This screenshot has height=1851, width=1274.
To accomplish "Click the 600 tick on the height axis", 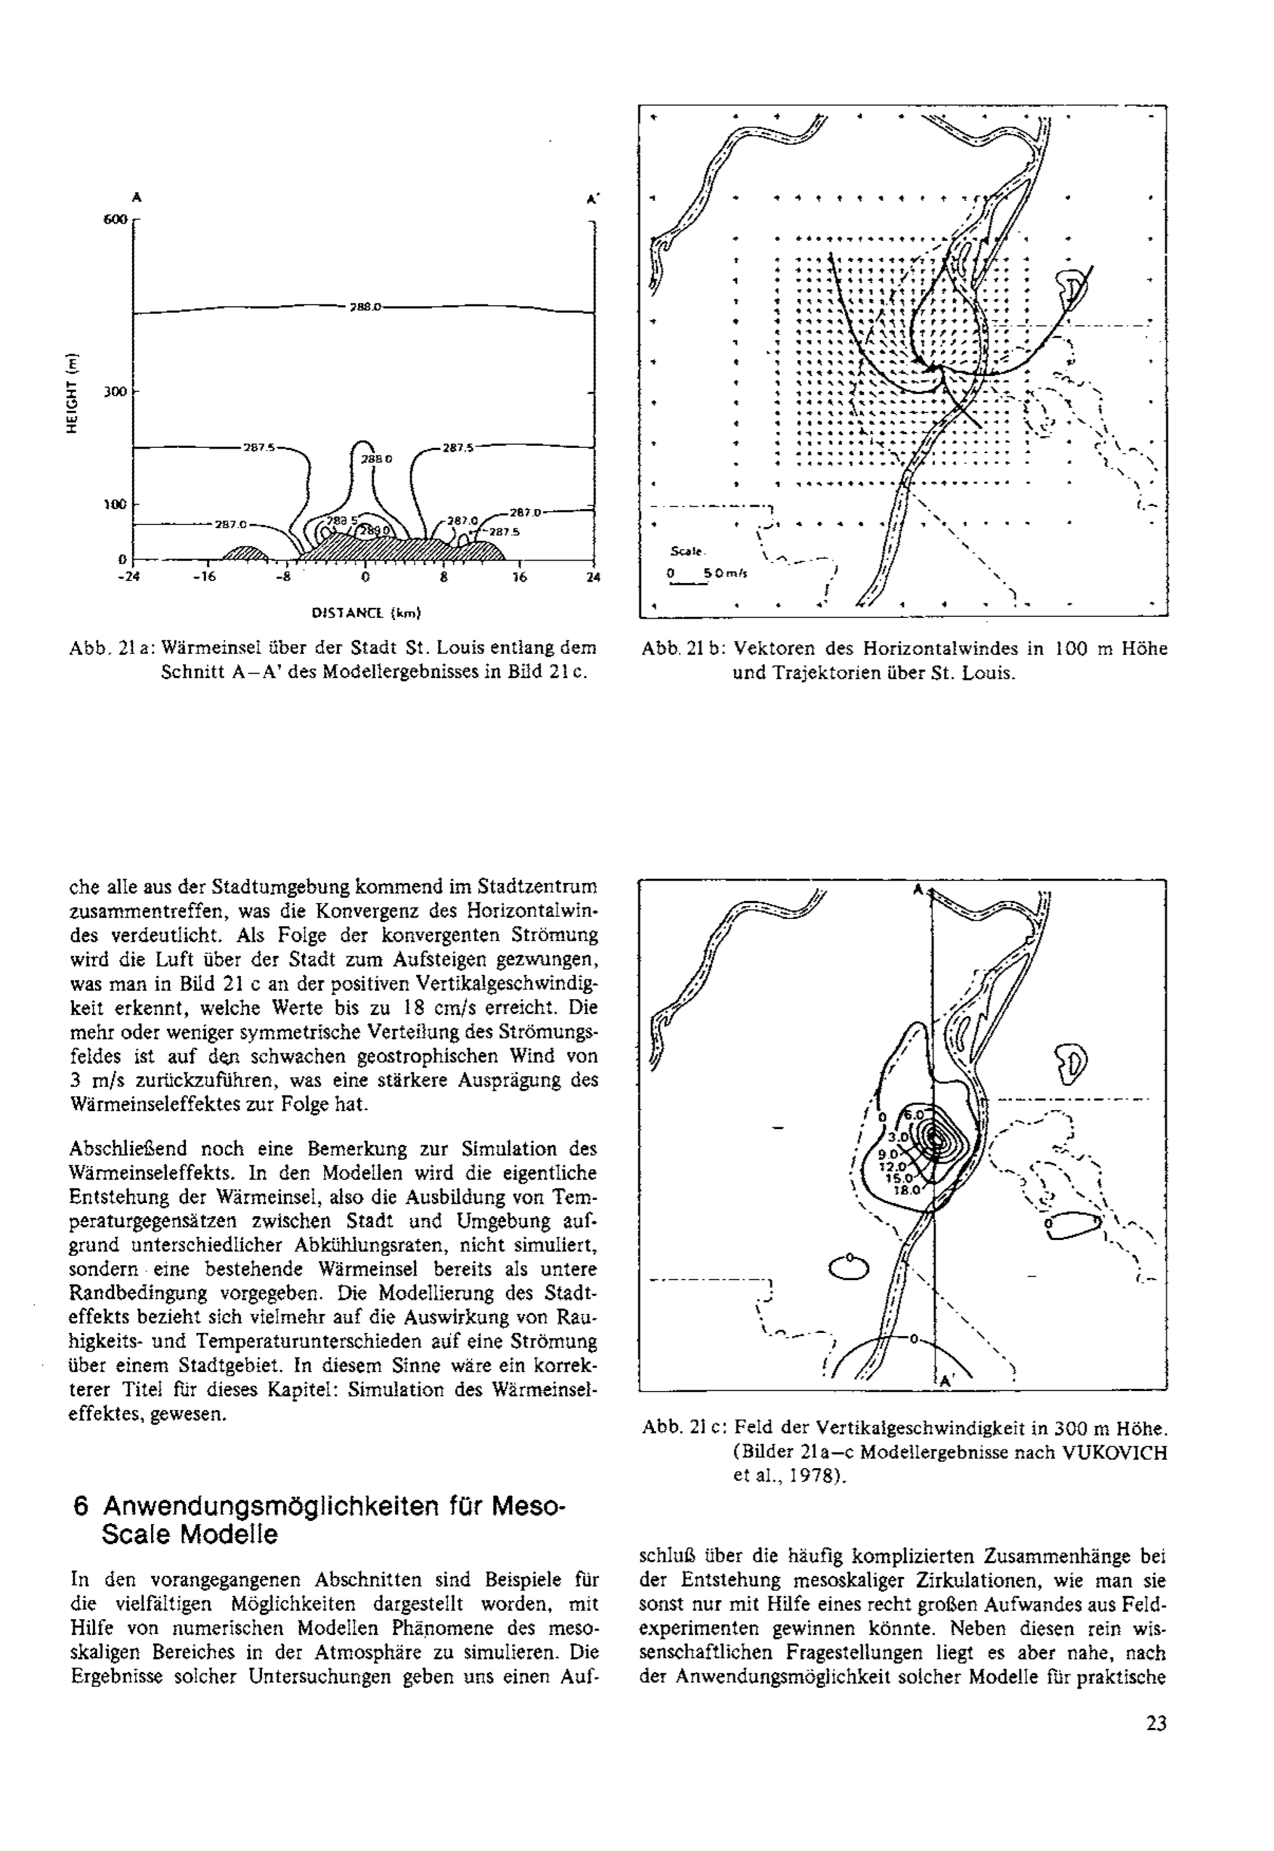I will pos(116,220).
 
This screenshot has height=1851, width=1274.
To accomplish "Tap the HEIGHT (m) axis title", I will pos(75,393).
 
